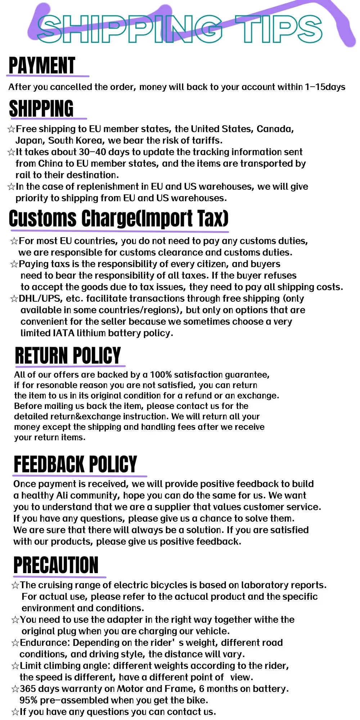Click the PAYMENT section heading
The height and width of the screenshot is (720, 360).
pyautogui.click(x=42, y=66)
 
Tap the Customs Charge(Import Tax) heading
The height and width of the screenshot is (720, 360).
pyautogui.click(x=118, y=218)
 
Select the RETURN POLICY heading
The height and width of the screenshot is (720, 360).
pyautogui.click(x=68, y=355)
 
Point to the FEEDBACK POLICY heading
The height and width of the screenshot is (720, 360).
pyautogui.click(x=75, y=464)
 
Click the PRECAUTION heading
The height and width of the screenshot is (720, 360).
pyautogui.click(x=56, y=565)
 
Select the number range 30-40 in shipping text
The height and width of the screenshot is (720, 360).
pyautogui.click(x=93, y=152)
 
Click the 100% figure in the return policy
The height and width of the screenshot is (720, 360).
pyautogui.click(x=161, y=375)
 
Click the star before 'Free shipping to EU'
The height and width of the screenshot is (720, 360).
pyautogui.click(x=11, y=129)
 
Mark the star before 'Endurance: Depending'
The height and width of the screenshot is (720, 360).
pyautogui.click(x=15, y=643)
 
